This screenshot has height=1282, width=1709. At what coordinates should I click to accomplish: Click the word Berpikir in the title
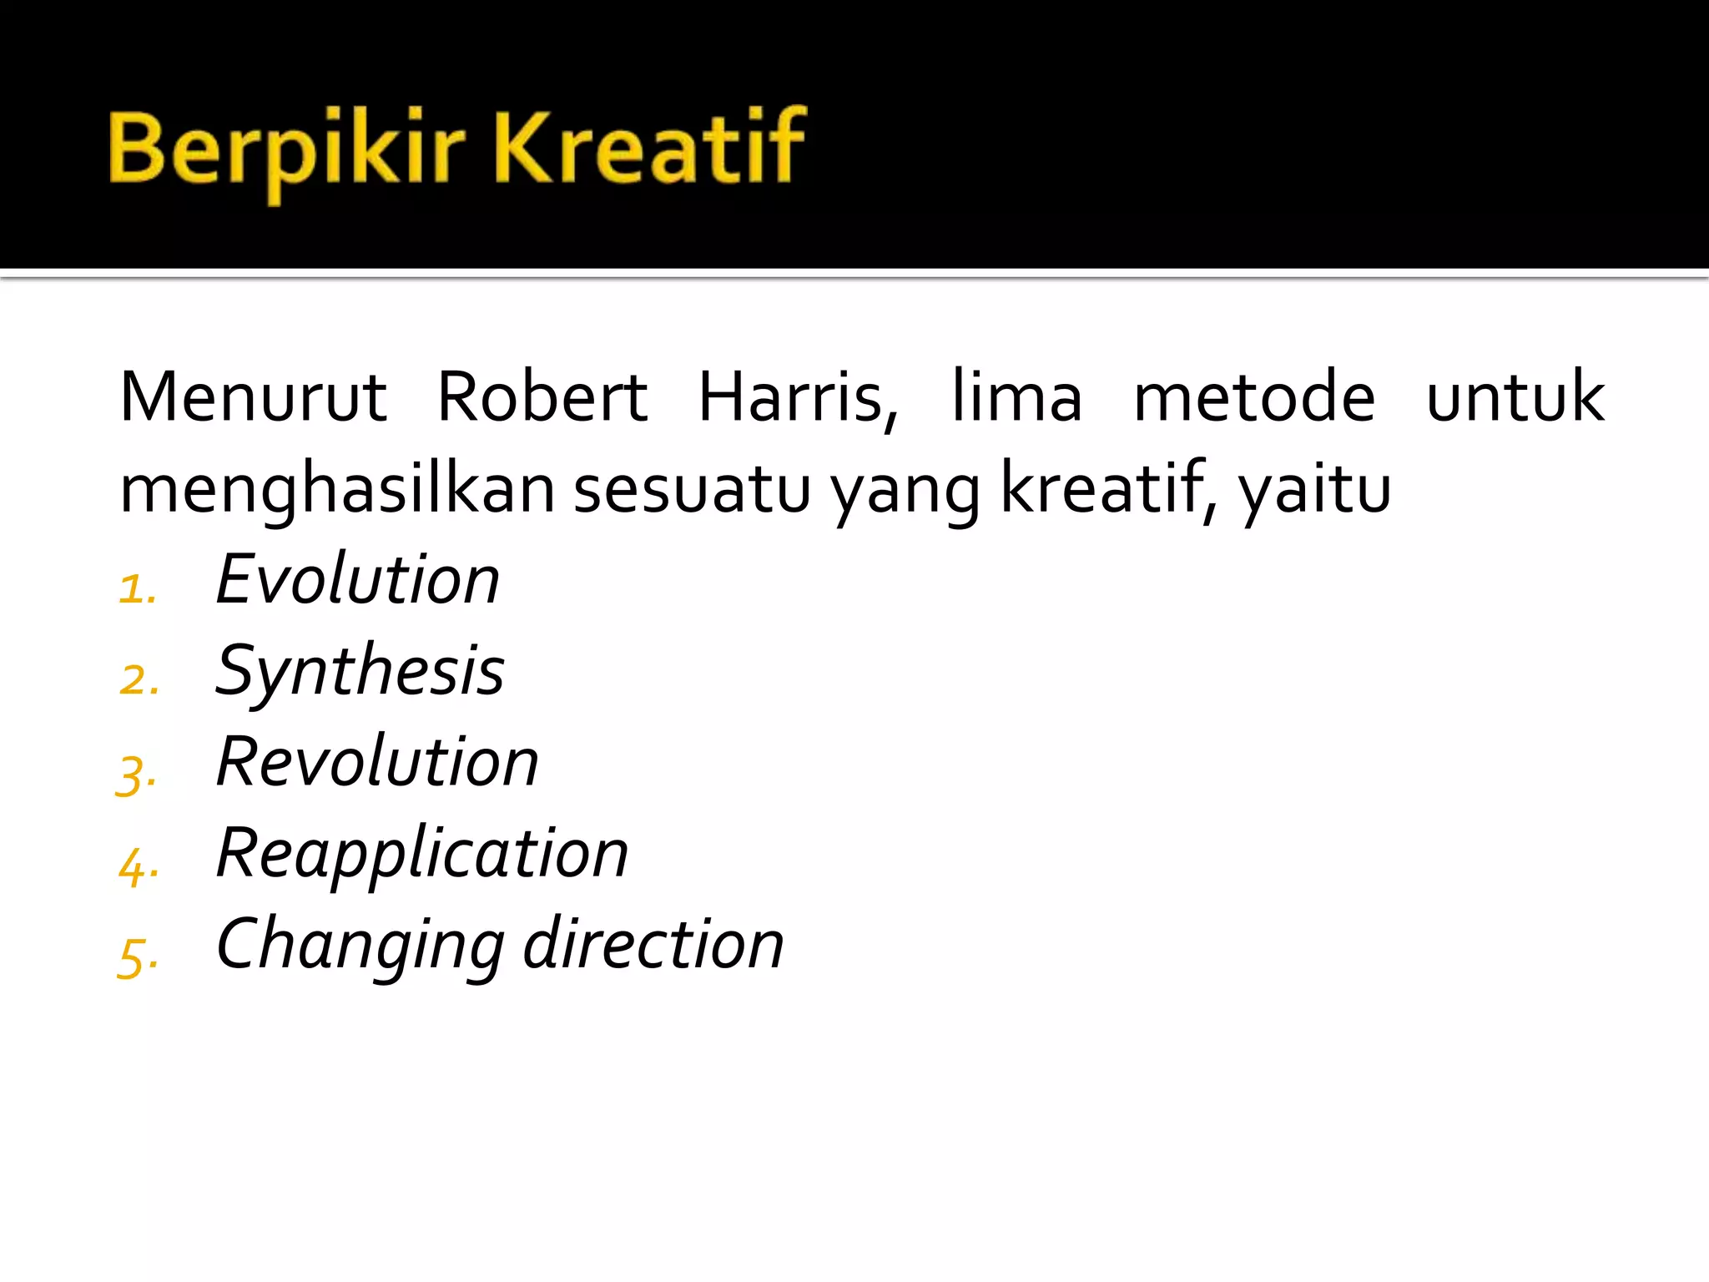(x=285, y=150)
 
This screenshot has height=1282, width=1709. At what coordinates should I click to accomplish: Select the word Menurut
(x=254, y=397)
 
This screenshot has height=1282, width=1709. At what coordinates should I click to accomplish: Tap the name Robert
(x=542, y=397)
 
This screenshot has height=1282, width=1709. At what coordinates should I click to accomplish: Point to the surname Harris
(x=797, y=397)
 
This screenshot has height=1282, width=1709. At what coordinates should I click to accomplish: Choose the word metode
(x=1254, y=397)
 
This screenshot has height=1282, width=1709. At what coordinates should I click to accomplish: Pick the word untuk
(x=1515, y=397)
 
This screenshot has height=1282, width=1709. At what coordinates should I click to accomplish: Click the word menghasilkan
(x=337, y=489)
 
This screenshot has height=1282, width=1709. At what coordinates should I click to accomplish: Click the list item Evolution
(x=357, y=579)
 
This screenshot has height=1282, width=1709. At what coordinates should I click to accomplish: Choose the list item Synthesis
(x=360, y=672)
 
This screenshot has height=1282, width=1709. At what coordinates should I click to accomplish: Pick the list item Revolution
(x=377, y=761)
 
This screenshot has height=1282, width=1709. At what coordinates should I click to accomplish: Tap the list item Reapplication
(x=421, y=854)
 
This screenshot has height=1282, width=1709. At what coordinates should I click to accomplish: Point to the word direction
(x=653, y=944)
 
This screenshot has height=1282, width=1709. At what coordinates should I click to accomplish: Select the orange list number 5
(x=136, y=956)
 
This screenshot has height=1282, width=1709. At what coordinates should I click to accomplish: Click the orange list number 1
(x=136, y=590)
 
